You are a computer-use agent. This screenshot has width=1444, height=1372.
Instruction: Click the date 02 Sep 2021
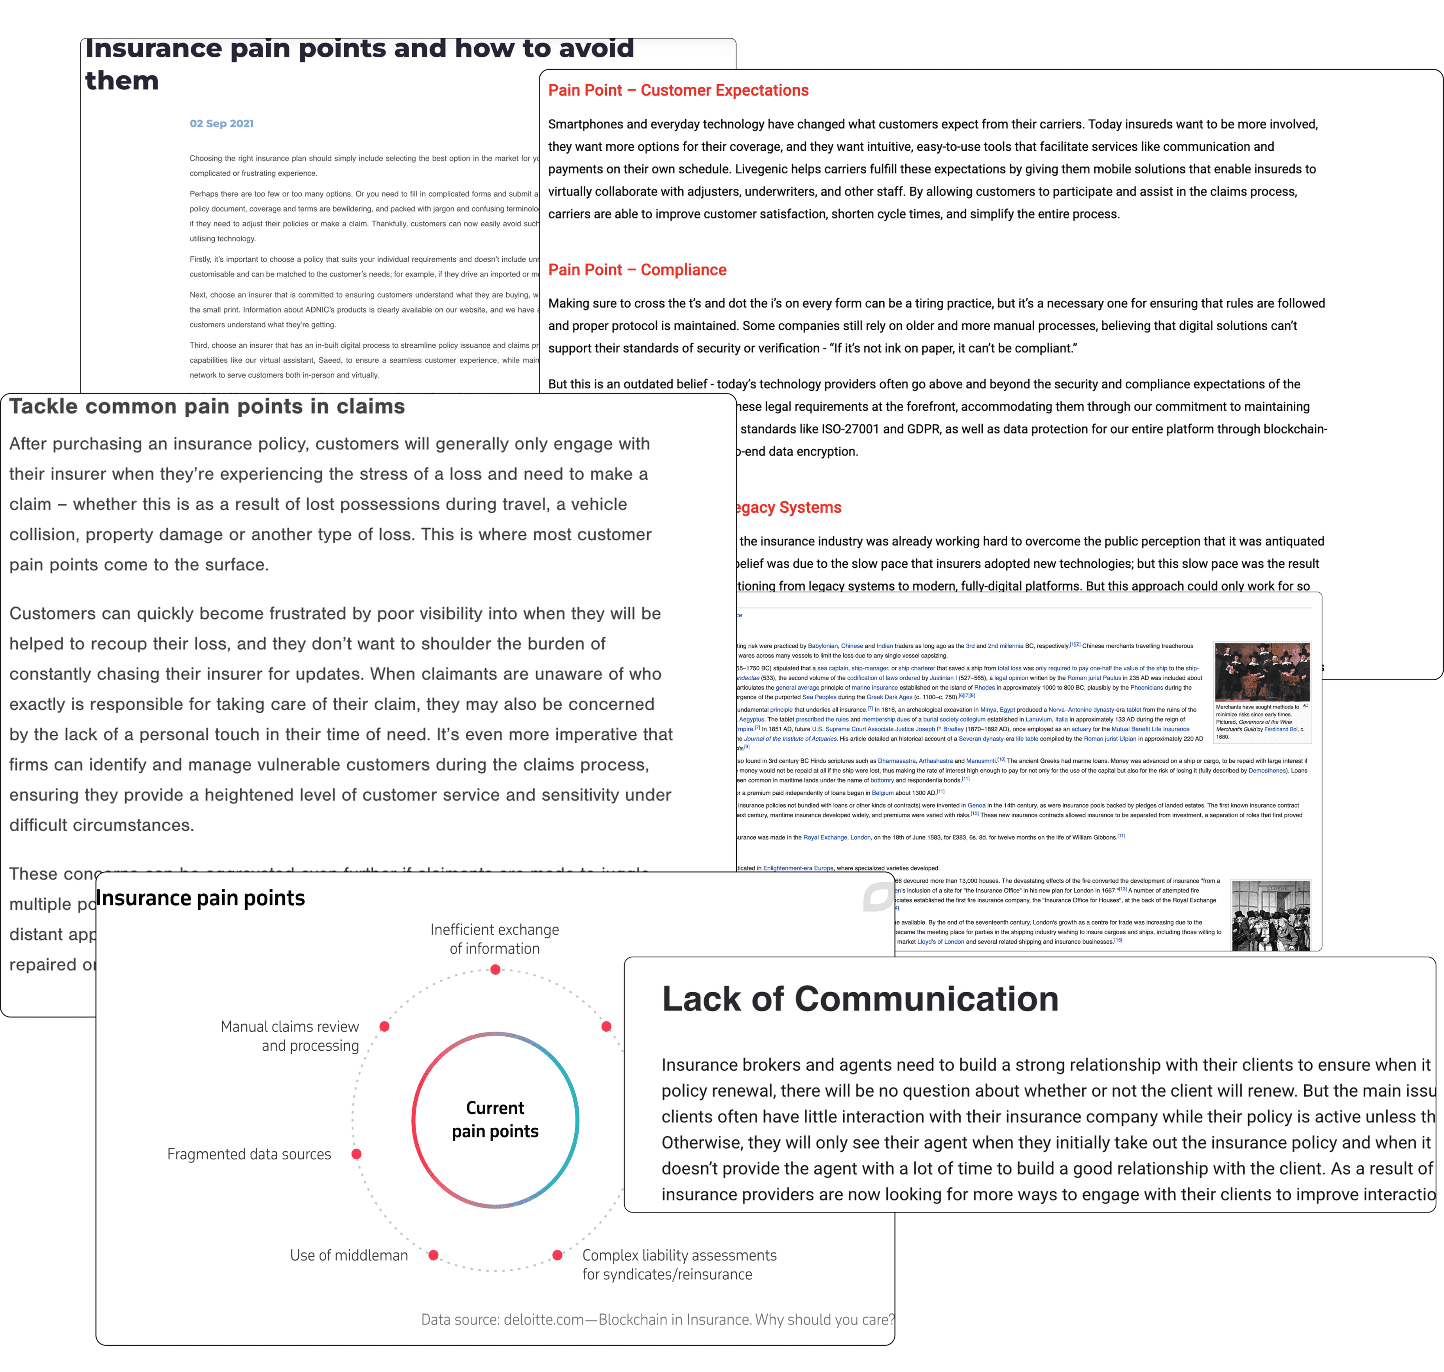pos(221,123)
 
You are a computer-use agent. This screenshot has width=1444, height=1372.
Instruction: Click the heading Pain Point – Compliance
pos(637,270)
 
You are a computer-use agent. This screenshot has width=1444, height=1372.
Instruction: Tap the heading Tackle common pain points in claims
pos(207,407)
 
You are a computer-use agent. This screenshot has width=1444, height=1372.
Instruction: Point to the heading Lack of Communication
pos(860,999)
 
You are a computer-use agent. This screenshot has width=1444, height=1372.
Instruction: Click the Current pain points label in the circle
pos(495,1120)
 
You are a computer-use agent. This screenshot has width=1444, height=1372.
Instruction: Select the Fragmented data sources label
pos(249,1154)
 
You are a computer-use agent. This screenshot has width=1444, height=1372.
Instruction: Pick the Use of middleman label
pos(349,1255)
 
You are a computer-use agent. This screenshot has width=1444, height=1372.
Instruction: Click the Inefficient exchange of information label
pos(495,939)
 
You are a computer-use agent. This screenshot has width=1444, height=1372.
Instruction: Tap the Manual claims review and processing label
pos(290,1036)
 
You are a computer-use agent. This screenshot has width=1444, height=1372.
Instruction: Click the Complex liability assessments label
pos(679,1264)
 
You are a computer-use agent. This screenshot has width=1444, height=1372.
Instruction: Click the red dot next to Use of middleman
pos(433,1255)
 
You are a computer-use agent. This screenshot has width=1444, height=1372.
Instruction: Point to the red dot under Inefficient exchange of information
pos(496,970)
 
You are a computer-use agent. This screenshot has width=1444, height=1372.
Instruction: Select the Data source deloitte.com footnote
pos(657,1319)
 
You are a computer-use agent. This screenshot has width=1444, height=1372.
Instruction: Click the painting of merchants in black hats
pos(1262,672)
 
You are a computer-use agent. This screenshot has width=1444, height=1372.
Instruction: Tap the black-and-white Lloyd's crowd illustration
pos(1271,915)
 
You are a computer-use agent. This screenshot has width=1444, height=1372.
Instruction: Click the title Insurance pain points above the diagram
pos(201,898)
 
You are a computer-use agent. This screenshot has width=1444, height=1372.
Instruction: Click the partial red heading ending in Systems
pos(789,508)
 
